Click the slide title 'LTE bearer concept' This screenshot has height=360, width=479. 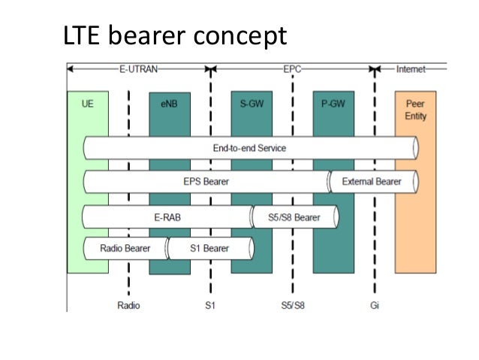click(x=173, y=35)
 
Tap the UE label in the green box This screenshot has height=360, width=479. click(x=87, y=104)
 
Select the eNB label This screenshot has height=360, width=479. click(x=168, y=104)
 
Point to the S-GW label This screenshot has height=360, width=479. click(x=250, y=104)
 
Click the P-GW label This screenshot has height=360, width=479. click(x=332, y=104)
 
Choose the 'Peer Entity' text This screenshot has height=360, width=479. click(x=414, y=110)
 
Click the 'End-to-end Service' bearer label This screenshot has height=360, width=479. click(x=249, y=148)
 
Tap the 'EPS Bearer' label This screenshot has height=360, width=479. click(x=206, y=182)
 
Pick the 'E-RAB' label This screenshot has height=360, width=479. click(x=167, y=217)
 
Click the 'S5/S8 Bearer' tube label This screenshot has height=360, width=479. click(x=294, y=217)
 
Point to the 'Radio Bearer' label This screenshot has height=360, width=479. click(x=125, y=248)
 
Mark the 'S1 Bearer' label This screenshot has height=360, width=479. click(x=209, y=248)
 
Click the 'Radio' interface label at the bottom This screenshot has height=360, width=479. click(x=128, y=305)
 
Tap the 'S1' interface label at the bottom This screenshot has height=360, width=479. click(x=211, y=305)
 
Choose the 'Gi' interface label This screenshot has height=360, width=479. click(x=374, y=305)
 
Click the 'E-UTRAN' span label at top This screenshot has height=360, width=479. click(x=137, y=69)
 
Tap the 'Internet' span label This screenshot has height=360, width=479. click(x=411, y=69)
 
